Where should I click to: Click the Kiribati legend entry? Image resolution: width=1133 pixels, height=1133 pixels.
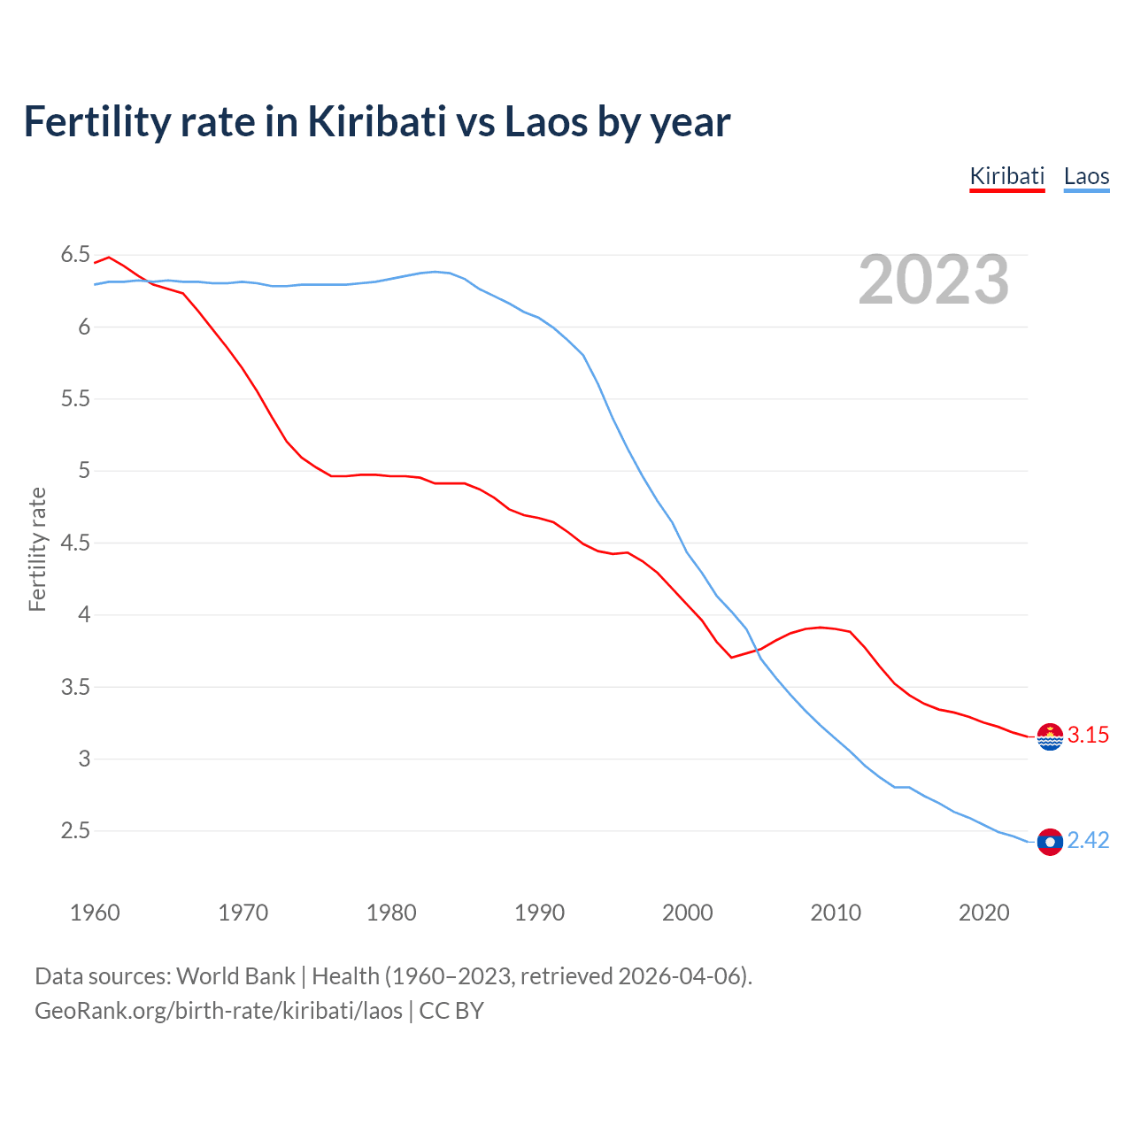point(1007,176)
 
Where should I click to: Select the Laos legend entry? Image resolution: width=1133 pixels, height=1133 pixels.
point(1086,176)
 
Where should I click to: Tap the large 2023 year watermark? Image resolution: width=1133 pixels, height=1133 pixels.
point(933,280)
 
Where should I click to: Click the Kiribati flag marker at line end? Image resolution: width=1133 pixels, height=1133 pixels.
point(1050,736)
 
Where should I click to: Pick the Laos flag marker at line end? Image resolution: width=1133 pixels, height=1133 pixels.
point(1050,842)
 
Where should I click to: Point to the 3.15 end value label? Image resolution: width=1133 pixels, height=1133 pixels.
point(1088,736)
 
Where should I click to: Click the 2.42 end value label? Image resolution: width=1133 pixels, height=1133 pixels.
point(1088,841)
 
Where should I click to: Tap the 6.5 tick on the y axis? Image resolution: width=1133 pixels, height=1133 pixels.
point(75,255)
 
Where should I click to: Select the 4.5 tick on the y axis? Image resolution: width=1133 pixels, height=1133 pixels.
point(75,543)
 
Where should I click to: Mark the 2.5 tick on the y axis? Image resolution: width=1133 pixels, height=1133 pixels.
point(75,831)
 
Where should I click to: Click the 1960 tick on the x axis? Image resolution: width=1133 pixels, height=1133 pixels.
point(95,913)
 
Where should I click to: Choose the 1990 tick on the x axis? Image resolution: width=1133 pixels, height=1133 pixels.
point(539,913)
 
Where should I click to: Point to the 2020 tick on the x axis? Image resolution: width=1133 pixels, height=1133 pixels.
point(983,913)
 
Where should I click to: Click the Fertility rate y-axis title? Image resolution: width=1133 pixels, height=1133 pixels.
point(37,549)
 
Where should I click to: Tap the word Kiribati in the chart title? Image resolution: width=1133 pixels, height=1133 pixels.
point(376,122)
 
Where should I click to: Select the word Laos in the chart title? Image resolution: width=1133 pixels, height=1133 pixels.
point(545,122)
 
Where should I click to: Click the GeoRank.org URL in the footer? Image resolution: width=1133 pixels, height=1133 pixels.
point(219,1011)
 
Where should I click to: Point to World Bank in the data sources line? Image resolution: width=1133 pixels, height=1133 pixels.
point(235,976)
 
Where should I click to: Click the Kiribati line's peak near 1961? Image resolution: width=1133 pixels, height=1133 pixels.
point(109,258)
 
